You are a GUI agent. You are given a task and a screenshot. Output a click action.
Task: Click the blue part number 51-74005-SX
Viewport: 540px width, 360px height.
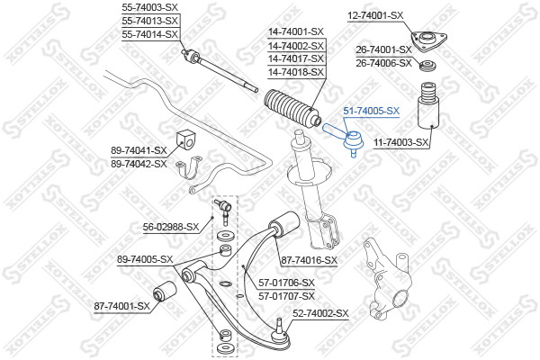[371, 111]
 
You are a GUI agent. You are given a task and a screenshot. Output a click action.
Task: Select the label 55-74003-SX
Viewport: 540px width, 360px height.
[149, 7]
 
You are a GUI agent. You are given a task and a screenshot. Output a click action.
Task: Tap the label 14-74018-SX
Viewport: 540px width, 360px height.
[296, 72]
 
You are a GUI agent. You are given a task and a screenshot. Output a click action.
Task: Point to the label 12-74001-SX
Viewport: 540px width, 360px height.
[375, 15]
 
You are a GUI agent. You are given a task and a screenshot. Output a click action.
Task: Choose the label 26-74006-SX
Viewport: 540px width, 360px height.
[383, 63]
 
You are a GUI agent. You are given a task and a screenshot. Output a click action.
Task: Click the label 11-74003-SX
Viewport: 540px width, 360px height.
[401, 142]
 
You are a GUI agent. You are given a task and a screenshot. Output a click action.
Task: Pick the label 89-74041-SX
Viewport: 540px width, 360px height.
[139, 150]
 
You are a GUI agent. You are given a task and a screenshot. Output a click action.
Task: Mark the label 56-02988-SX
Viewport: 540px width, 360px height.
[171, 227]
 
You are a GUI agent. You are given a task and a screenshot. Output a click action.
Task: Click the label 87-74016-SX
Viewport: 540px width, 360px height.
[310, 260]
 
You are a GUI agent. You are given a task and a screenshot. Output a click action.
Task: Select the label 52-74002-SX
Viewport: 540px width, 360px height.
[320, 313]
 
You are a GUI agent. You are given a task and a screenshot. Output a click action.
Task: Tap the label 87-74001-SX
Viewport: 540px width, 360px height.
[121, 306]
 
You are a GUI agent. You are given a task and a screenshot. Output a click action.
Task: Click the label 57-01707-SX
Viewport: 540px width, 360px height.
[286, 296]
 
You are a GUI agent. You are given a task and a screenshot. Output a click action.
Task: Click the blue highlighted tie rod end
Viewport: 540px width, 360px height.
[342, 139]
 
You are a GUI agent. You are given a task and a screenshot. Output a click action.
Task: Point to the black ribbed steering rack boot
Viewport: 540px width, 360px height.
[292, 110]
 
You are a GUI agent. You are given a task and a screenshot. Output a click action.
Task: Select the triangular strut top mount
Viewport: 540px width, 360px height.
[428, 41]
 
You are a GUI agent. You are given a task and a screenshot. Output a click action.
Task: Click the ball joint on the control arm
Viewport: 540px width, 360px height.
[280, 332]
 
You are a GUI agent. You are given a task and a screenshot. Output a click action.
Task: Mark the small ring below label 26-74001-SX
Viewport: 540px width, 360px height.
[428, 66]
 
